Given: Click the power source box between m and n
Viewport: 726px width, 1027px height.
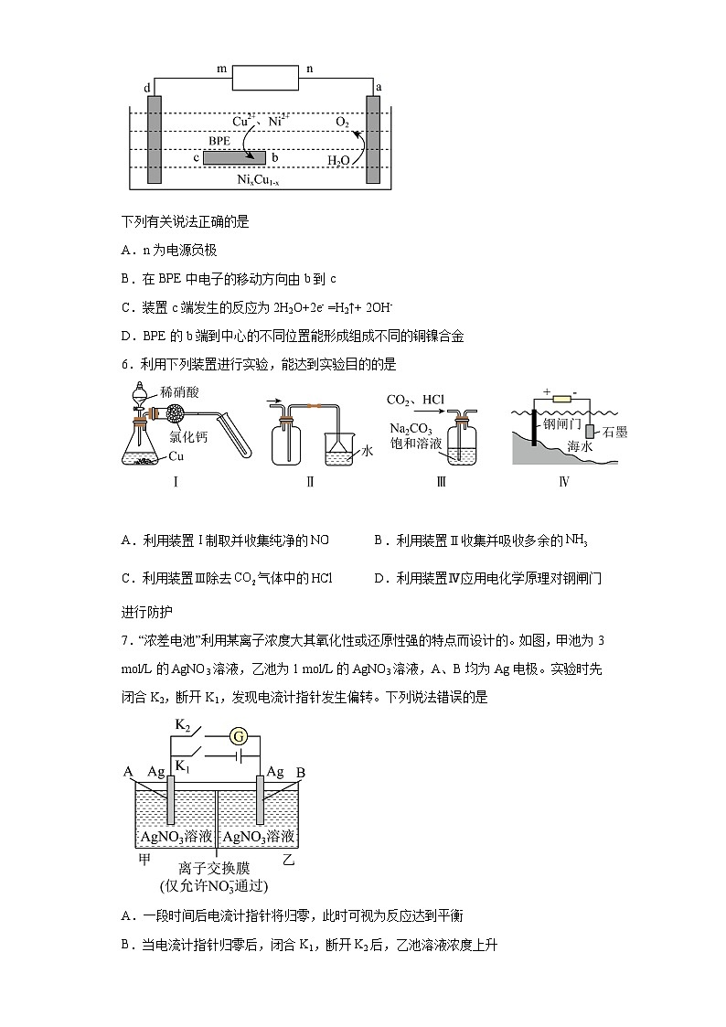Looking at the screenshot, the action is coord(266,77).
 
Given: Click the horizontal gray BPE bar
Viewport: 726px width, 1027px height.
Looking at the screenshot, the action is coord(234,158).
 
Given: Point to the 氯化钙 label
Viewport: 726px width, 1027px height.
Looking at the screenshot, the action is coord(189,437).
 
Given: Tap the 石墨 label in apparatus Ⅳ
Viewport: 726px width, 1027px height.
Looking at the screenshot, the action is coord(614,432).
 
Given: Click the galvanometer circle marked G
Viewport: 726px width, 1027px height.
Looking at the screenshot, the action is coord(239,735).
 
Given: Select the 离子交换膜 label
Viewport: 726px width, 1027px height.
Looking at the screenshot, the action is coord(216,868).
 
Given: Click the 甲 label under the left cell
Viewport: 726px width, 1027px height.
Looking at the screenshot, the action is coord(144,860).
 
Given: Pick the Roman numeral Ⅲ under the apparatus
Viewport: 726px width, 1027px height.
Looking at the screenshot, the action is coord(441,482).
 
